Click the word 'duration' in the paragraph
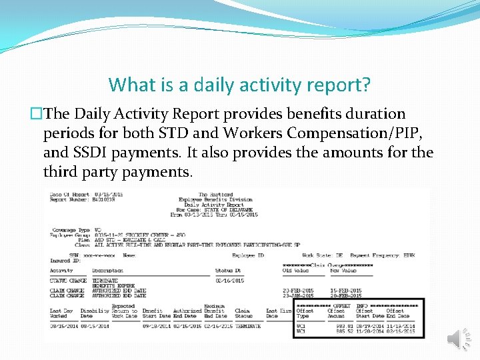[375, 114]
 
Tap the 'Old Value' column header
[295, 270]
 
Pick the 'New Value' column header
[343, 270]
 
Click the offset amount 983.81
[336, 326]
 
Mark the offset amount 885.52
[336, 331]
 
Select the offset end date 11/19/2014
[399, 326]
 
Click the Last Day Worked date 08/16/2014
[62, 325]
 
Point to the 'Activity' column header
[62, 270]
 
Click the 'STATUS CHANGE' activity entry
[68, 281]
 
